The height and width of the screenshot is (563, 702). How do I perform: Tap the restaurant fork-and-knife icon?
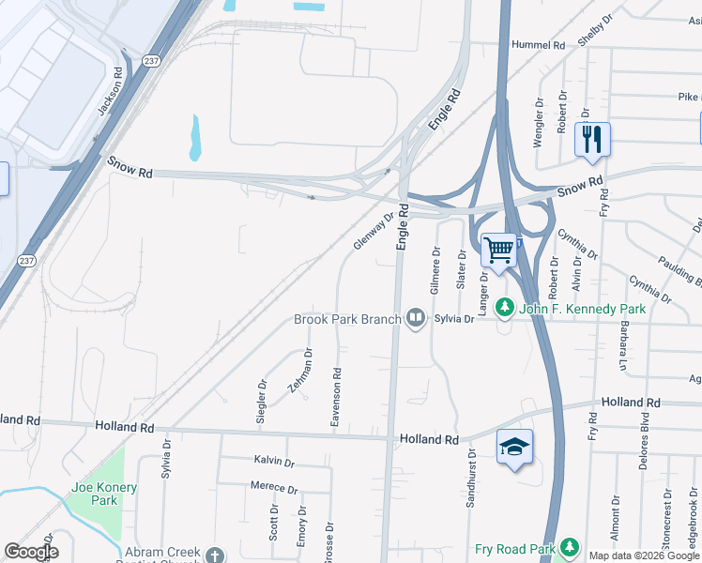tap(592, 140)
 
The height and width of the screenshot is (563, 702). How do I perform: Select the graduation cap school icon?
tap(514, 447)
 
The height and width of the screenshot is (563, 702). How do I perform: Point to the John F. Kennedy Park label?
tap(583, 308)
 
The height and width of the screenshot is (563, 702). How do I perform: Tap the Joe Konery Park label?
tap(104, 494)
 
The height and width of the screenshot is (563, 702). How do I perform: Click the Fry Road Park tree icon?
tap(569, 548)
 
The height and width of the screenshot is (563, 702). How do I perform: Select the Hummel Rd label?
tap(538, 44)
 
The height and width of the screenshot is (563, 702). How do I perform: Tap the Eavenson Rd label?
tap(335, 399)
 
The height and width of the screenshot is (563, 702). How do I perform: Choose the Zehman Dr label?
tap(300, 371)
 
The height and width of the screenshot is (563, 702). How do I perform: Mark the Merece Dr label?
tap(274, 489)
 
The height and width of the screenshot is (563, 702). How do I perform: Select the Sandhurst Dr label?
tap(470, 478)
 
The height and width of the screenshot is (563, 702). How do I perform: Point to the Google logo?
tap(31, 552)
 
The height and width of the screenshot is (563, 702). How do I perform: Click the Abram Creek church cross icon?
tap(214, 555)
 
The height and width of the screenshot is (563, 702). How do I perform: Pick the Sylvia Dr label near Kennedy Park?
tap(454, 319)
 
